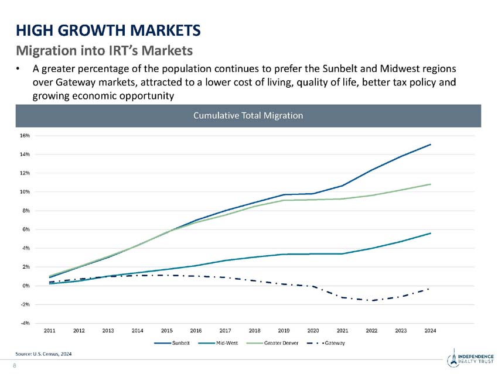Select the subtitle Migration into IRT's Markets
tap(104, 47)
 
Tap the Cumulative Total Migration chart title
tap(248, 116)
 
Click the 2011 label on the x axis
tap(50, 331)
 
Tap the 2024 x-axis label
tap(430, 331)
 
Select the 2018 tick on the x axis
tap(254, 331)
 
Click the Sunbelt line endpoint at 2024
tap(430, 145)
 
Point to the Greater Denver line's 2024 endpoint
tap(430, 184)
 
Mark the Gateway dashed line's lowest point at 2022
tap(371, 300)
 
